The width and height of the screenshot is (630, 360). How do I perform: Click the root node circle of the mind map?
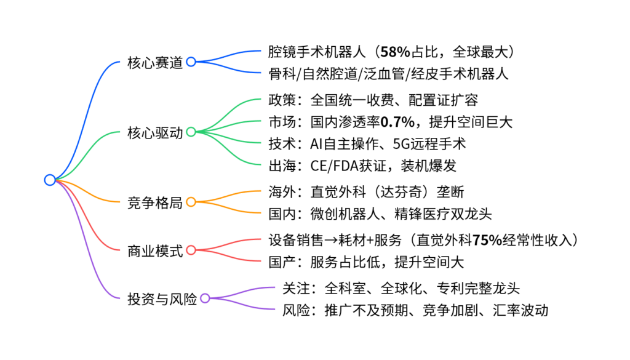50,180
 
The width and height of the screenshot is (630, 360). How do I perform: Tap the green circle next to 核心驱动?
191,132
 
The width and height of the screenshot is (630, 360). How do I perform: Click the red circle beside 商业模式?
191,250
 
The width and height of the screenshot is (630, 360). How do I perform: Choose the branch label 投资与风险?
162,298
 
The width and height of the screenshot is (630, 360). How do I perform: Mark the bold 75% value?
489,239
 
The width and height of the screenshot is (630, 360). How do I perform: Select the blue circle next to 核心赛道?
191,62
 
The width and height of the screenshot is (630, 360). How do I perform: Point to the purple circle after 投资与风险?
205,298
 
